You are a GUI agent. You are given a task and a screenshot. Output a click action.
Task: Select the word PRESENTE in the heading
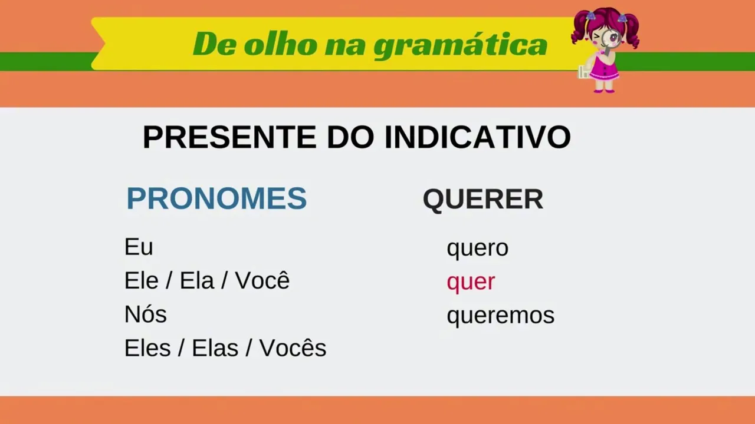click(229, 137)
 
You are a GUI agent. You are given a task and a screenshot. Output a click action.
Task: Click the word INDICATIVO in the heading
click(478, 137)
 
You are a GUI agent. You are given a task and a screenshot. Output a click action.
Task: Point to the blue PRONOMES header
click(216, 198)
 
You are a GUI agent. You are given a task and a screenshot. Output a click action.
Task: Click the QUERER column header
click(483, 199)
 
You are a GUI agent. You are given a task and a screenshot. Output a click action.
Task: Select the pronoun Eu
click(139, 247)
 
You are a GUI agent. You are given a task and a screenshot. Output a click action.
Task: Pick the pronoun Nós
click(146, 314)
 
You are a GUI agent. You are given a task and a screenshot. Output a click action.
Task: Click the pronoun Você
click(262, 280)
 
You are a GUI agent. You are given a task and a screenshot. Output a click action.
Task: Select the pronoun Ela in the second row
click(197, 280)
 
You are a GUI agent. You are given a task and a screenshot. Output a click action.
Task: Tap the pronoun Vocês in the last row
click(293, 347)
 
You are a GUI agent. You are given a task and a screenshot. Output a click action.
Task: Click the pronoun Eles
click(147, 347)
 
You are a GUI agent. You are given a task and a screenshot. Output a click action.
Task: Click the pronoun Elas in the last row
click(215, 347)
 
